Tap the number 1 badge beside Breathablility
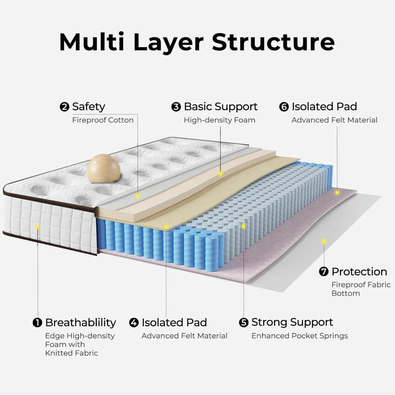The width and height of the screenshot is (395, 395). tap(37, 323)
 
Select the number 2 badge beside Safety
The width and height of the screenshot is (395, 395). tap(64, 107)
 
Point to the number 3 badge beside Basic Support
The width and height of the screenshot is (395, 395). tap(176, 107)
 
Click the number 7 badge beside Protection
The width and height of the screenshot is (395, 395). tap(324, 272)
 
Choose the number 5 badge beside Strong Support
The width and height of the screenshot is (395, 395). tap(243, 323)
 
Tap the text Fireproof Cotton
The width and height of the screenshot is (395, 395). tap(103, 120)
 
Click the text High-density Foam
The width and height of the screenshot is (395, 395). tap(219, 120)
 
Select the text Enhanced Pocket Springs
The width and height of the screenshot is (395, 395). tap(299, 336)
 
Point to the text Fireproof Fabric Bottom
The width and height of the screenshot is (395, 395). tap(360, 289)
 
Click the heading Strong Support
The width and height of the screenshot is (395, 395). tap(292, 322)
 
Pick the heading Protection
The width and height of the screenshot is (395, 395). tap(359, 272)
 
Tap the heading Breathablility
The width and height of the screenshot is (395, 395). tap(80, 323)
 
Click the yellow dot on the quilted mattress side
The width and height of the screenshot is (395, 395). tap(37, 227)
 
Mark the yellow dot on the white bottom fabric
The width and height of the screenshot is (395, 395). tap(324, 241)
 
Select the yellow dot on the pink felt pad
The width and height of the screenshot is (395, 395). tap(337, 192)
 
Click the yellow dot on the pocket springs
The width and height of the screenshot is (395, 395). tap(244, 226)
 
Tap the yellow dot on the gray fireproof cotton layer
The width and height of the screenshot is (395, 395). tap(138, 196)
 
